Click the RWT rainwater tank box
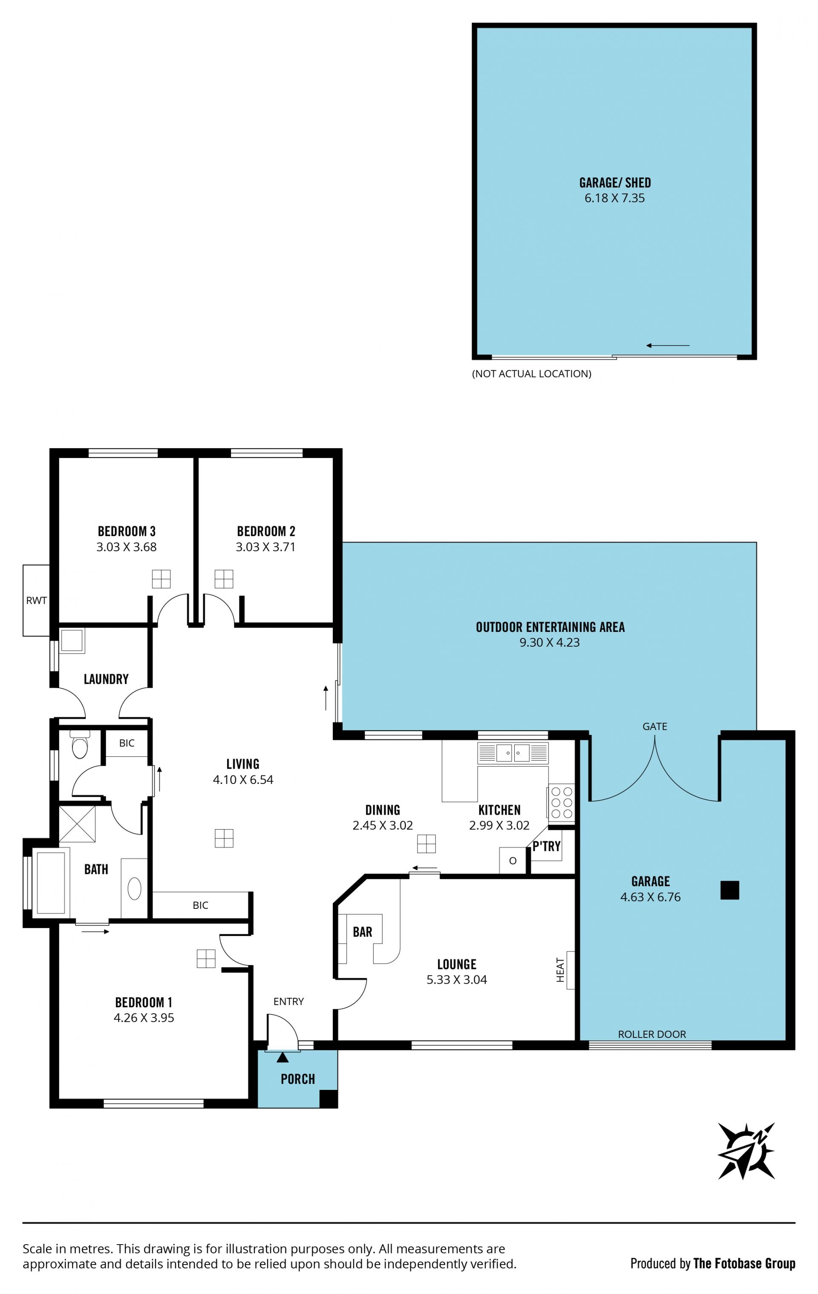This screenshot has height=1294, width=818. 36,600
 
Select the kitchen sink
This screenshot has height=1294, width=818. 513,752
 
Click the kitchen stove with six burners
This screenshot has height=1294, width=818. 561,803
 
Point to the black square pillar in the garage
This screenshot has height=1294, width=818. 729,890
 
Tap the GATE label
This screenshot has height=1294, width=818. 655,726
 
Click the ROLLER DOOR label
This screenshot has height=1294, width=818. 651,1034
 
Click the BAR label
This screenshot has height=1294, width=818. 362,931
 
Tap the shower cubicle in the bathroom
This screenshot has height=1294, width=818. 76,824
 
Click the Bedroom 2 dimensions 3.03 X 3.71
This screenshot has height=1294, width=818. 265,547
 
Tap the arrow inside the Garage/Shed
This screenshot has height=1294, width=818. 668,346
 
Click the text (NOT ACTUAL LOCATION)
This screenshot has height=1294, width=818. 532,374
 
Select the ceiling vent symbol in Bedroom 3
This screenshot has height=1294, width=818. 161,579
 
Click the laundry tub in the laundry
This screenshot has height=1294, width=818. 72,640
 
